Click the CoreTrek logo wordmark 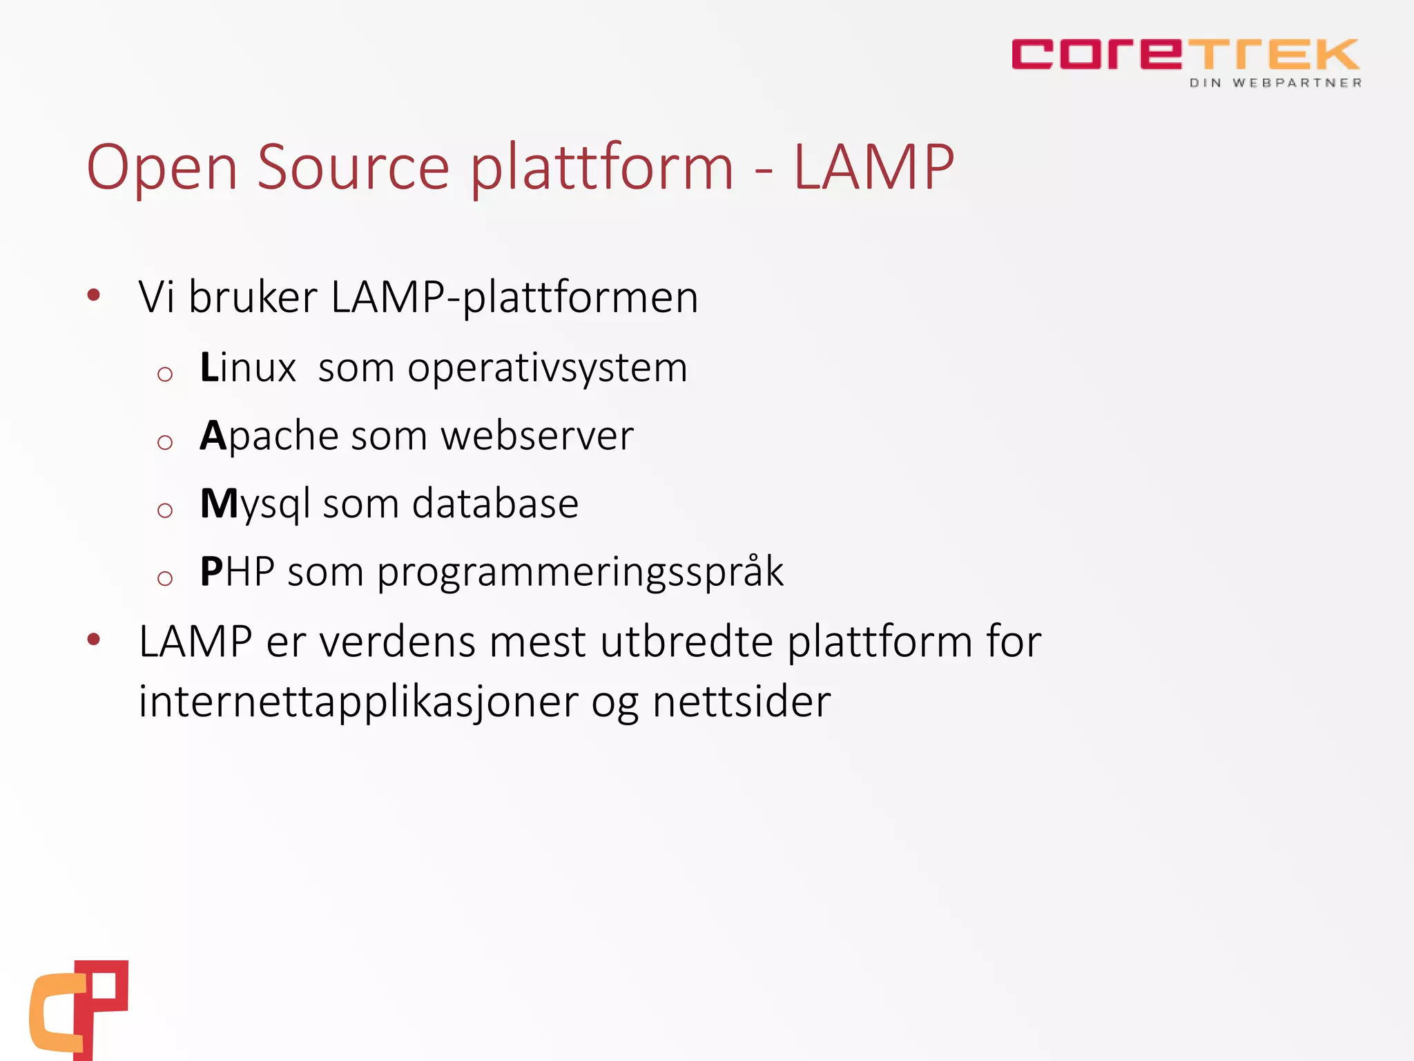(x=1185, y=55)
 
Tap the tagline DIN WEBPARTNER (x=1275, y=83)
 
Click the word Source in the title (x=353, y=167)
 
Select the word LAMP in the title (x=873, y=167)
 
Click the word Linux (x=248, y=367)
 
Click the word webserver (x=536, y=437)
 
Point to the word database (x=495, y=504)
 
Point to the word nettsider (x=742, y=702)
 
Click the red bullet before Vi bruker (x=94, y=296)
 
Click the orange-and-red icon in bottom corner (x=79, y=1009)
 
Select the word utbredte (x=686, y=642)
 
